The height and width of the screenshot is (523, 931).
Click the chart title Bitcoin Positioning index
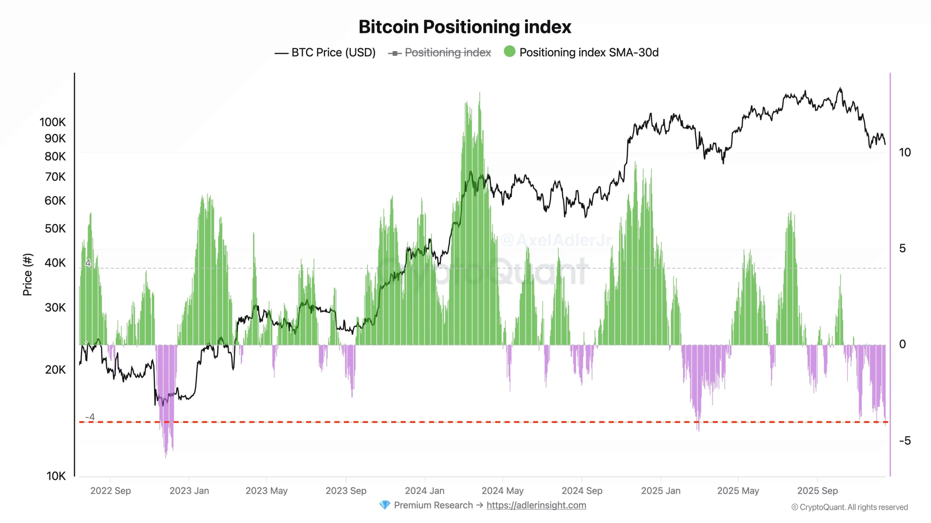(465, 27)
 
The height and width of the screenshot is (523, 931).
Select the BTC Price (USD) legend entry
(333, 53)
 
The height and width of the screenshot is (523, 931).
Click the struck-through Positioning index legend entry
(447, 53)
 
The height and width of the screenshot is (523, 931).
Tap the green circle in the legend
(510, 52)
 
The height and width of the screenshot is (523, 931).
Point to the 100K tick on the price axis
(53, 122)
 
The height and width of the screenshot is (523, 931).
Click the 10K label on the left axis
(56, 476)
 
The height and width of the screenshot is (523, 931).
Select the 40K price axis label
(55, 263)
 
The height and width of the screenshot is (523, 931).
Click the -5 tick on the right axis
(905, 441)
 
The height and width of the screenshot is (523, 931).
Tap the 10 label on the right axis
(905, 152)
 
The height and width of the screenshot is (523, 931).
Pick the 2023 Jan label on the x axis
(189, 491)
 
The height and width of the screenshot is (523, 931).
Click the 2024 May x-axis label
(503, 491)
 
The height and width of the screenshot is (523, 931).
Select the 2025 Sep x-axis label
(817, 491)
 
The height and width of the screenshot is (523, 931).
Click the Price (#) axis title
(28, 275)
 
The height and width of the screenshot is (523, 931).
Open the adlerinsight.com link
(536, 505)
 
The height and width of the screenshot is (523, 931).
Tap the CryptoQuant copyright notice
(850, 507)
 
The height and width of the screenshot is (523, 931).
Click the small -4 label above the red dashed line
(90, 417)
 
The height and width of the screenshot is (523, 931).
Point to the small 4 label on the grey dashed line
(88, 263)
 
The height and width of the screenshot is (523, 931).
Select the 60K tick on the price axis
(55, 200)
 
